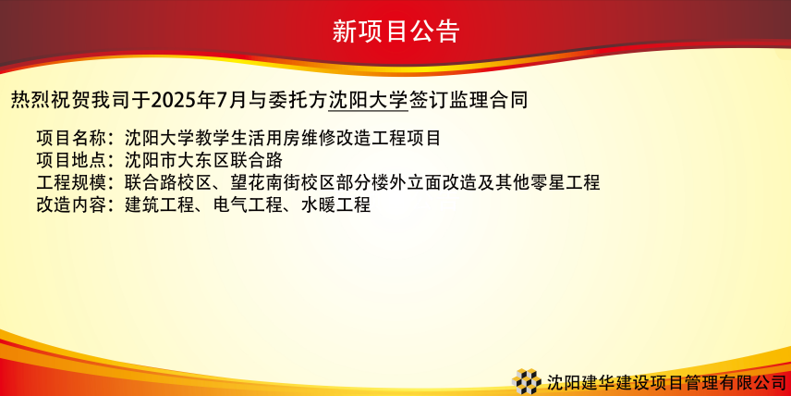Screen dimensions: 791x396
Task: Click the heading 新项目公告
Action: tap(395, 31)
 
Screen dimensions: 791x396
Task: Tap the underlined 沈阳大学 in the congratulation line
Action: tap(369, 101)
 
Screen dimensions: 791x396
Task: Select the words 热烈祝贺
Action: tap(51, 101)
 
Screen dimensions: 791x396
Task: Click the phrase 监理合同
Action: tap(488, 101)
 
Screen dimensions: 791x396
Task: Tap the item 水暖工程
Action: tap(336, 204)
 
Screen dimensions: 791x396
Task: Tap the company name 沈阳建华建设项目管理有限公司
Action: tap(667, 382)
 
